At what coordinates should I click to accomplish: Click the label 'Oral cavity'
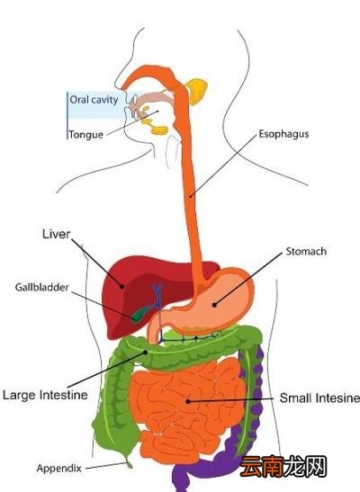pyautogui.click(x=94, y=100)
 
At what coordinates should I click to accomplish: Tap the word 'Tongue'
pyautogui.click(x=86, y=135)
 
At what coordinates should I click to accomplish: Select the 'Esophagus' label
pyautogui.click(x=283, y=134)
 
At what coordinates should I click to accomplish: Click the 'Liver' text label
pyautogui.click(x=56, y=234)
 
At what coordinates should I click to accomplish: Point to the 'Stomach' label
pyautogui.click(x=306, y=251)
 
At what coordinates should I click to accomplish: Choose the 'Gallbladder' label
pyautogui.click(x=41, y=287)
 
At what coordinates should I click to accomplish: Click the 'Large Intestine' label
pyautogui.click(x=45, y=395)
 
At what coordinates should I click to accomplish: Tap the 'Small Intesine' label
pyautogui.click(x=319, y=398)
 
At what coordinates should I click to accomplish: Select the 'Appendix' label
pyautogui.click(x=59, y=468)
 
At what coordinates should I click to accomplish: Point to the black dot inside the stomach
pyautogui.click(x=214, y=304)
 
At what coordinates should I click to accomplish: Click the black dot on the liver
pyautogui.click(x=122, y=286)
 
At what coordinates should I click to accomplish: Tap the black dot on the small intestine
pyautogui.click(x=187, y=401)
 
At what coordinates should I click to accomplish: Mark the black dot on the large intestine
pyautogui.click(x=145, y=352)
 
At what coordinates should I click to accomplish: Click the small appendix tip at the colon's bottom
pyautogui.click(x=129, y=464)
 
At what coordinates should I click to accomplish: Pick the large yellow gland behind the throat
pyautogui.click(x=197, y=91)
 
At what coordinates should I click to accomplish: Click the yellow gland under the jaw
pyautogui.click(x=159, y=130)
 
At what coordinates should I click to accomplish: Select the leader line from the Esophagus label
pyautogui.click(x=223, y=166)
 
